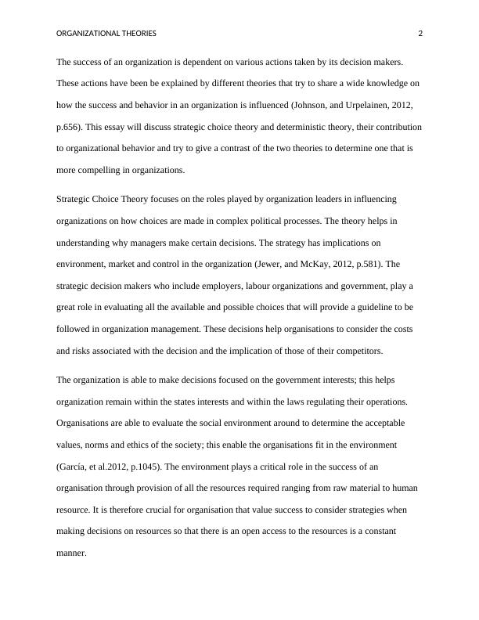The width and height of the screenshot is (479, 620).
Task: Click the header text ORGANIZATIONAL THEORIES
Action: click(106, 34)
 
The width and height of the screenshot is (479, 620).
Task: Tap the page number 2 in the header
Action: click(420, 34)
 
